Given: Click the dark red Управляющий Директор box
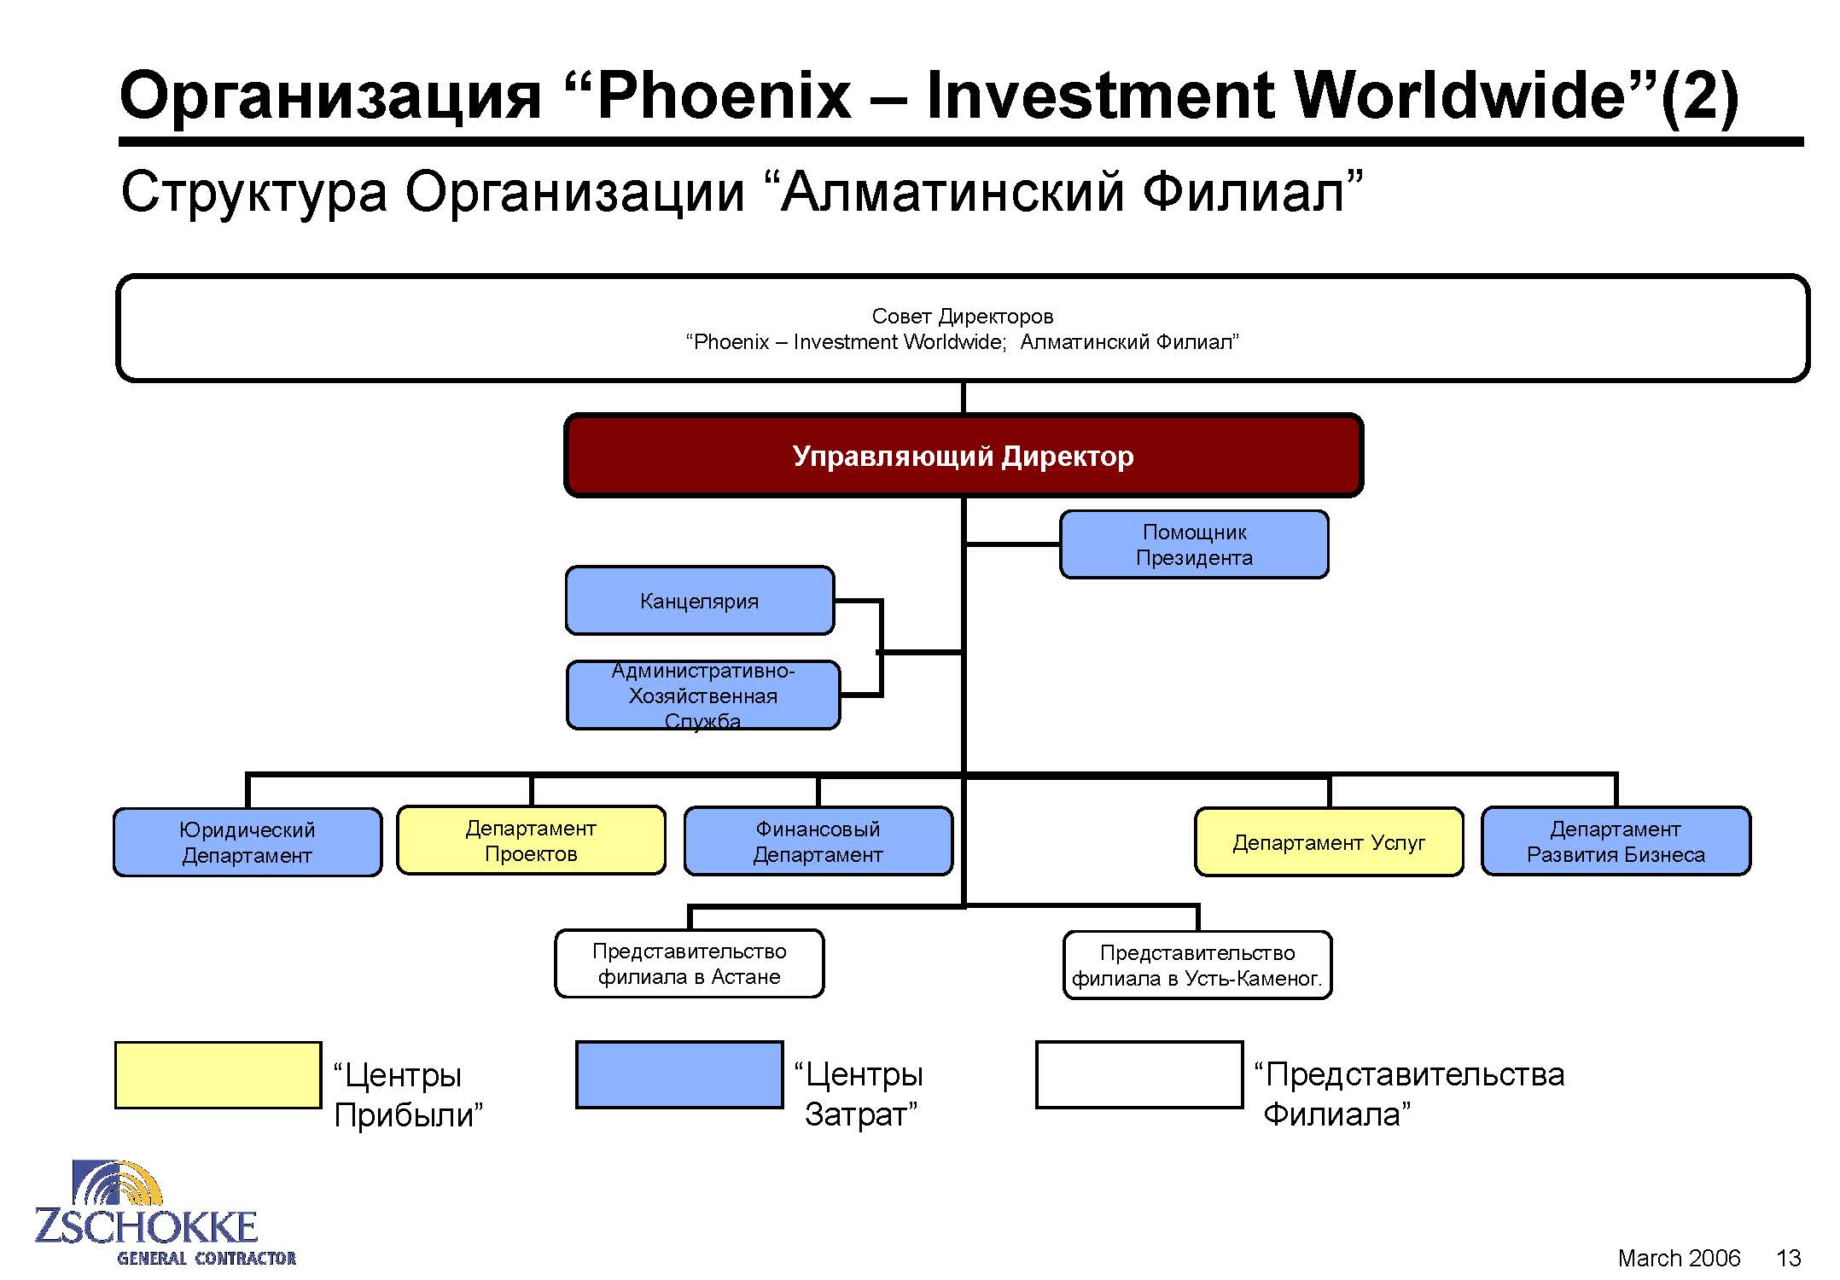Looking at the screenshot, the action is click(964, 456).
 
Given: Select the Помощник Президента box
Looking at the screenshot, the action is click(1194, 544).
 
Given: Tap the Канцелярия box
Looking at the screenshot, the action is click(700, 601).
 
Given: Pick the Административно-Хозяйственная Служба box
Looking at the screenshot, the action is click(703, 695).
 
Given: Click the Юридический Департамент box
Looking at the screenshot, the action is click(247, 842).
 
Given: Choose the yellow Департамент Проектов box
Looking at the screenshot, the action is click(531, 841).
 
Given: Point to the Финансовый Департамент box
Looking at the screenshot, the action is click(818, 841).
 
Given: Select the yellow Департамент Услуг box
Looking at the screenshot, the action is click(1329, 842).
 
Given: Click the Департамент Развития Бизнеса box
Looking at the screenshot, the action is click(1616, 841).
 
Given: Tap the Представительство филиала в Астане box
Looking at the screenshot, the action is click(690, 963).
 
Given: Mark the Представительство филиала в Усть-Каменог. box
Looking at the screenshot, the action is click(1197, 965).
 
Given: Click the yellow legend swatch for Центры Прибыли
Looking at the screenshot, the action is click(218, 1075).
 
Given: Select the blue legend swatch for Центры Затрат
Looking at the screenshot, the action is click(679, 1075).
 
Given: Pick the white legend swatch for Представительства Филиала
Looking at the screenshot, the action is click(1139, 1075).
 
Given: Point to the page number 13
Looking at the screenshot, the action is click(1788, 1258).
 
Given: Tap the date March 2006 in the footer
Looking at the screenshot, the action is click(1679, 1258).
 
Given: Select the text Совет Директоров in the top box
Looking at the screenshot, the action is click(963, 317).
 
